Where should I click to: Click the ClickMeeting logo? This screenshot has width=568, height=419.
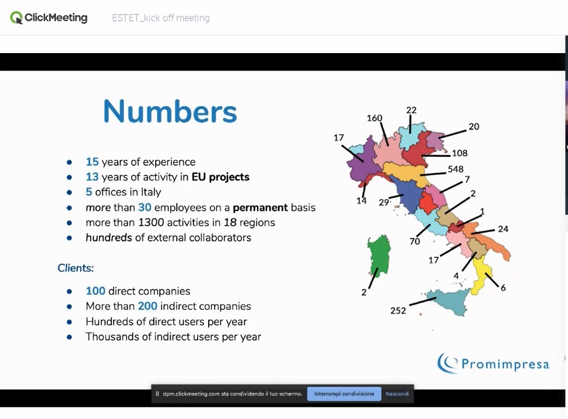click(49, 18)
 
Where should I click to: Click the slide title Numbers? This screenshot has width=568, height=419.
click(170, 111)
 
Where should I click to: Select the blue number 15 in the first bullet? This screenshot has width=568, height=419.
click(92, 162)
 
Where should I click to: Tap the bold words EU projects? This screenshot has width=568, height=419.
click(220, 177)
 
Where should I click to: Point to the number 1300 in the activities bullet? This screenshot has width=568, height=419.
click(150, 222)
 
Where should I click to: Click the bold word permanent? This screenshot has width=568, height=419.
click(260, 208)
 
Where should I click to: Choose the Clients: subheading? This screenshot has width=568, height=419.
click(75, 268)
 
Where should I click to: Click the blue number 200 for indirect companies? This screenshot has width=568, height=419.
click(148, 306)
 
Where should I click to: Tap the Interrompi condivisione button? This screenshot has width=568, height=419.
click(344, 394)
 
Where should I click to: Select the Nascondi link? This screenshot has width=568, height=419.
click(397, 394)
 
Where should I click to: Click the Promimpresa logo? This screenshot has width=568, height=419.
click(493, 363)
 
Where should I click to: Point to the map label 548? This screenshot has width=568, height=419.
click(455, 169)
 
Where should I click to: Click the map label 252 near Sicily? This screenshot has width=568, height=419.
click(398, 310)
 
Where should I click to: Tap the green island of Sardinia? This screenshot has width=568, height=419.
click(379, 256)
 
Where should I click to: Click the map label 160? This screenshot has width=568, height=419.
click(374, 118)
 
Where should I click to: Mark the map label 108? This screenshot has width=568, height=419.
click(460, 153)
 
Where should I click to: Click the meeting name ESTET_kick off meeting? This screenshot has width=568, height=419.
click(161, 18)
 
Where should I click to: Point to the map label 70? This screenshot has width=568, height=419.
click(415, 242)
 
